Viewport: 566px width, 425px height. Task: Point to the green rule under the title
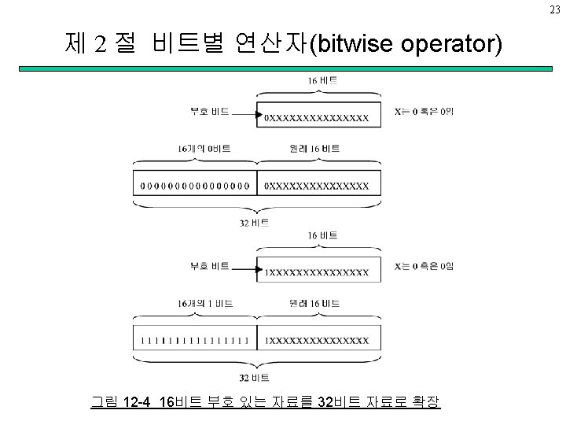tap(283, 69)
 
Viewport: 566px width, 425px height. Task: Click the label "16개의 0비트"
tap(204, 148)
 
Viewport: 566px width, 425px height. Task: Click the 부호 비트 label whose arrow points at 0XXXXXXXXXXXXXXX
tap(209, 112)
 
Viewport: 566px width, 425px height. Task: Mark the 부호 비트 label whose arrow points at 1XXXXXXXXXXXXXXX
tap(209, 266)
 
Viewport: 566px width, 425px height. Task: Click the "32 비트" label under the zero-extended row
tap(255, 223)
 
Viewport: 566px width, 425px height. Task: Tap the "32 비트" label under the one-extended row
tap(255, 378)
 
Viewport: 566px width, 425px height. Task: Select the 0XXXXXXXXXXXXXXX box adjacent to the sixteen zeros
tap(318, 187)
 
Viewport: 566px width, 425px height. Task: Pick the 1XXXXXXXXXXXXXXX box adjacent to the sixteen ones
tap(318, 341)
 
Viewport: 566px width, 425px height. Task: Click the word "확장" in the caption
tap(424, 402)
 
